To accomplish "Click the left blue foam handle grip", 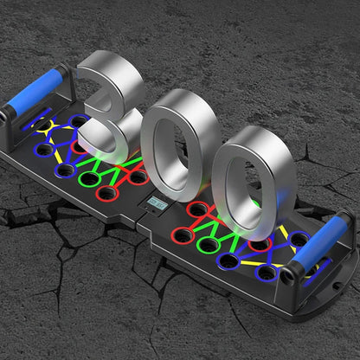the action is coord(35,88).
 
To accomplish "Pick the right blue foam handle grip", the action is coord(319,240).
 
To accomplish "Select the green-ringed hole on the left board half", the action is coord(89,179).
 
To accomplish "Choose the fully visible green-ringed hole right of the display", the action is coord(209,246).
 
